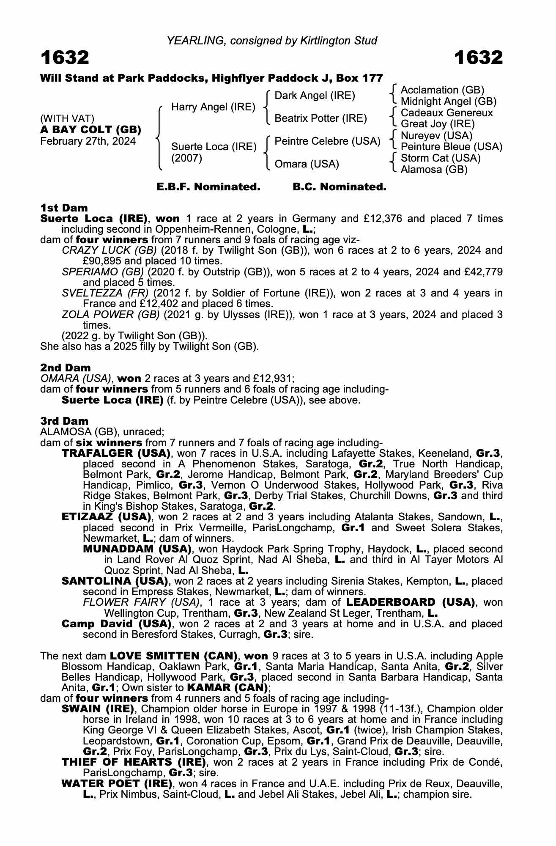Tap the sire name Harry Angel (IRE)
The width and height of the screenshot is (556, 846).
click(x=213, y=107)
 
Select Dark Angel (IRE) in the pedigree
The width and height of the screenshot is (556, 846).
click(x=315, y=96)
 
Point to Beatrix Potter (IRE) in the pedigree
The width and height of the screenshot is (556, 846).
click(x=320, y=118)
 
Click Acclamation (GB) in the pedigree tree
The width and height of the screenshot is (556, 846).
click(x=442, y=90)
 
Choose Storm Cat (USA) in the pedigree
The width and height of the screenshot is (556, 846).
click(x=441, y=158)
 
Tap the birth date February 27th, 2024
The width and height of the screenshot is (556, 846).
click(x=88, y=141)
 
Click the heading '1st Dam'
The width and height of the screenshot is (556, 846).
click(x=64, y=208)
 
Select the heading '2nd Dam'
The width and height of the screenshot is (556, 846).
click(x=65, y=368)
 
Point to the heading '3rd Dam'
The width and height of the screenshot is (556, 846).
click(x=64, y=421)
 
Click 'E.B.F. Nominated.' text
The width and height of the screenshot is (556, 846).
click(x=208, y=187)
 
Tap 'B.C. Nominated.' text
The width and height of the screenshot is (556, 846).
click(x=340, y=187)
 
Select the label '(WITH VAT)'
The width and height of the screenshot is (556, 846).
click(x=67, y=118)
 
